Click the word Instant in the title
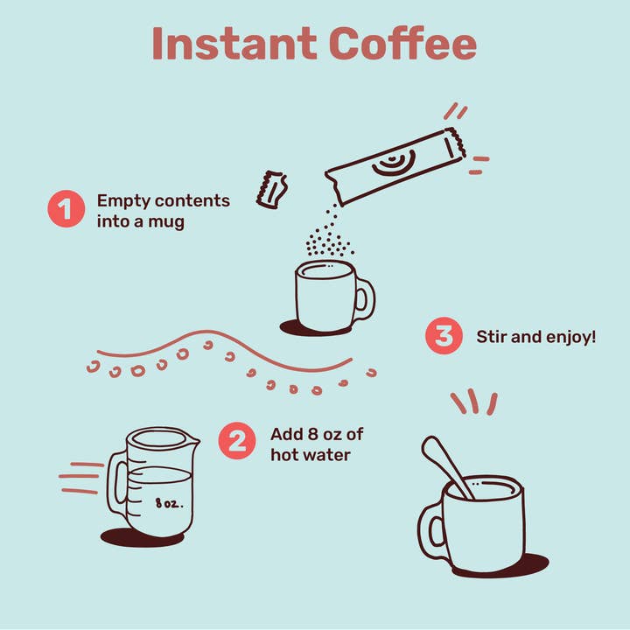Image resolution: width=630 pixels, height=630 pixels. pos(234,44)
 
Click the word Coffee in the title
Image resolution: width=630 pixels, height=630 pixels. pos(403,44)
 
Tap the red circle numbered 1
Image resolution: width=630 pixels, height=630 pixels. pos(66,209)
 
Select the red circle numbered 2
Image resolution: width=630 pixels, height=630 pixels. pos(237,441)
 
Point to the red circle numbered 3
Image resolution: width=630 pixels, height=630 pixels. pos(444,335)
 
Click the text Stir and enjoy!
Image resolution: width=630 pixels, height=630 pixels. pos(536,337)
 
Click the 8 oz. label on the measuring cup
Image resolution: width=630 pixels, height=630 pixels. pos(169,503)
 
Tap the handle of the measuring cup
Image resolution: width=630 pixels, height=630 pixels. pos(115,482)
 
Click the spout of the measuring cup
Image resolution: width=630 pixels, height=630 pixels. pos(192,441)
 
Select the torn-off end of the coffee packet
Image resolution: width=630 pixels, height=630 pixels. pos(271,189)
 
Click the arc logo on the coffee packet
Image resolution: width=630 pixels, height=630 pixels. pos(394,163)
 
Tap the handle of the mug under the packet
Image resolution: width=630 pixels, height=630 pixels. pos(365,298)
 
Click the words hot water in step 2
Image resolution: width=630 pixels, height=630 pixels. pos(311,455)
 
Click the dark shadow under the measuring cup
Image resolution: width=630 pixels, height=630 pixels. pos(142,537)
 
